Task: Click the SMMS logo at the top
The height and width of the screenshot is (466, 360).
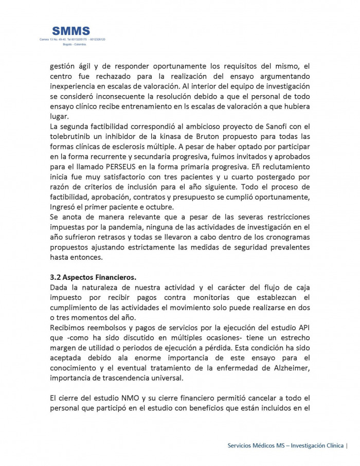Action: click(x=71, y=31)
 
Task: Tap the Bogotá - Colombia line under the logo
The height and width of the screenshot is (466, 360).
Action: click(x=75, y=44)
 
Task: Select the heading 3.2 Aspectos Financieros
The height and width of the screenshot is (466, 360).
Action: click(x=93, y=277)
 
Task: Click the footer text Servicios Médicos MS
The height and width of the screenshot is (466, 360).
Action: click(x=256, y=445)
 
